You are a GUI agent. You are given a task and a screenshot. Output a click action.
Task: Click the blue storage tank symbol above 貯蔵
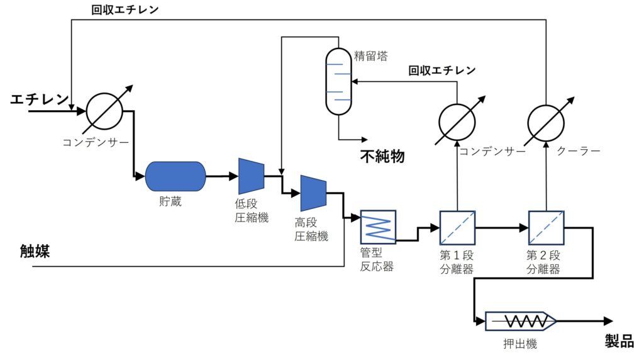pos(175,176)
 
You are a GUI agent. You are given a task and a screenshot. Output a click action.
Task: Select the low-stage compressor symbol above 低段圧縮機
pos(251,176)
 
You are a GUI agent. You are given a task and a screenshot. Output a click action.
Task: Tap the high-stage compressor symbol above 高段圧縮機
pos(313,193)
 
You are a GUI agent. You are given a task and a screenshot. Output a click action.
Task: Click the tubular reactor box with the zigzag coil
pos(377,227)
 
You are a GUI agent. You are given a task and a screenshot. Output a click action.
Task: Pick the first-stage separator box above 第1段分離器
pos(457,227)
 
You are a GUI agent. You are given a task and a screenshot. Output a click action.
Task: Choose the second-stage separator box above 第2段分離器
pos(545,227)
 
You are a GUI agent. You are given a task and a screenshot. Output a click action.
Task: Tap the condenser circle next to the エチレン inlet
pos(104,113)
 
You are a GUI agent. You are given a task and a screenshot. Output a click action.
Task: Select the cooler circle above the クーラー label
pos(545,123)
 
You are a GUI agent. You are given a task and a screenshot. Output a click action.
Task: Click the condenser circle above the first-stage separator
pos(457,123)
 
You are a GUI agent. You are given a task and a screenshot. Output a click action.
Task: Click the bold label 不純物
pos(382,156)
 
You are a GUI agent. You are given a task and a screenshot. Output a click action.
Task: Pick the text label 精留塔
pos(371,55)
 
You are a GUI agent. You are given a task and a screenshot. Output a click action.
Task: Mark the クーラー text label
pos(579,151)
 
